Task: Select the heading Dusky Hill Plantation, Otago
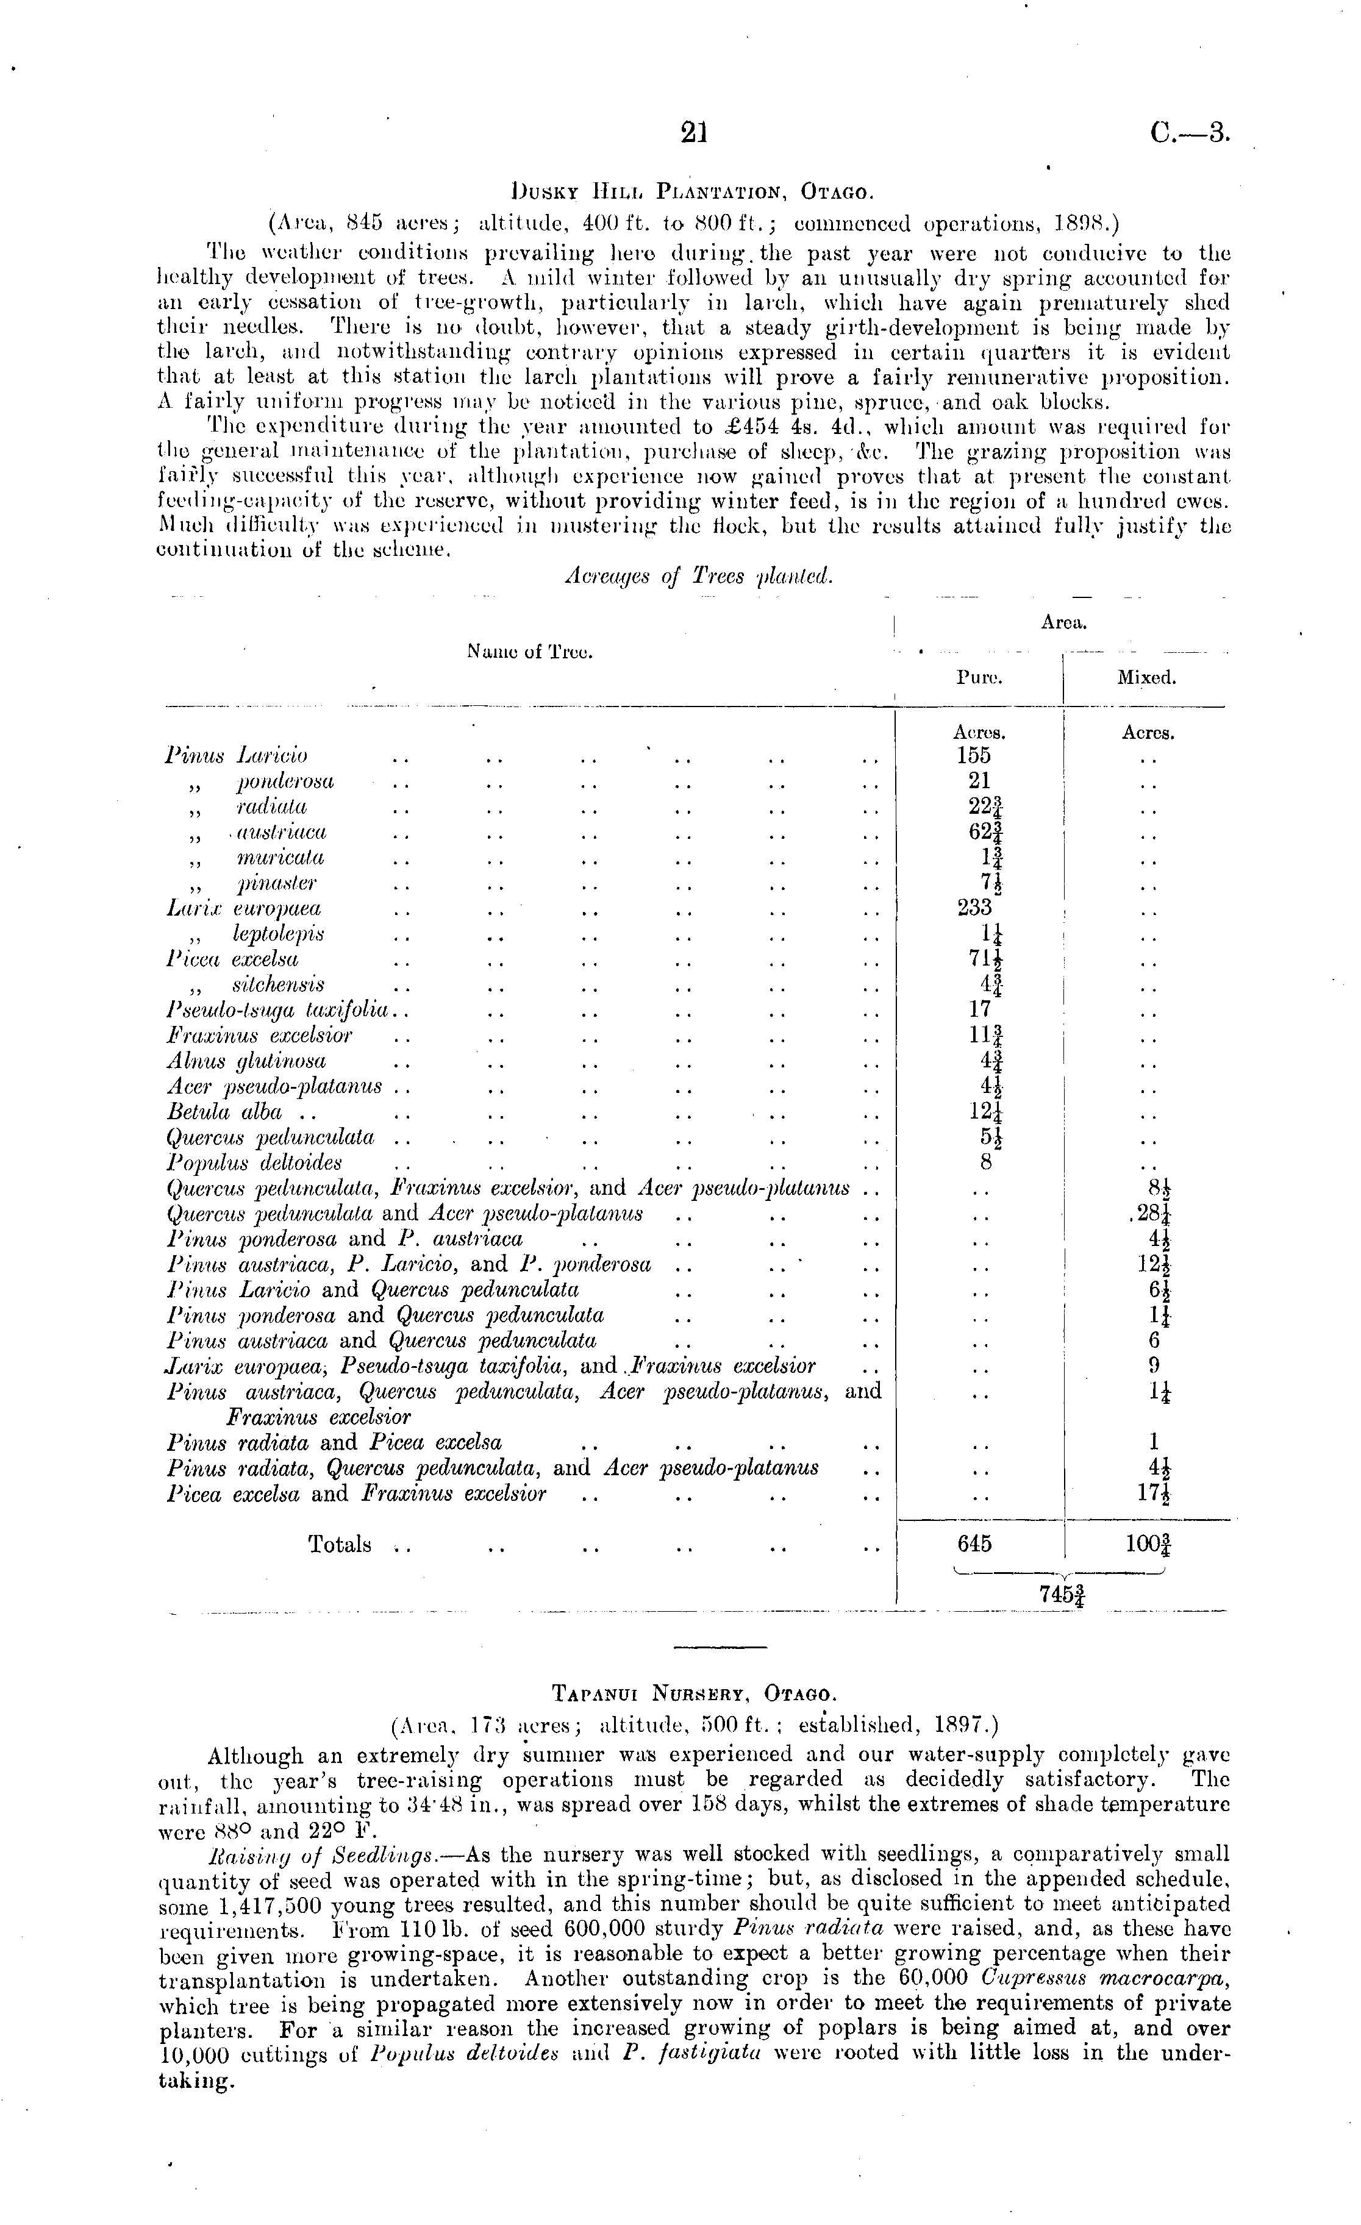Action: click(691, 193)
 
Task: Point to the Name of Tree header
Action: click(529, 651)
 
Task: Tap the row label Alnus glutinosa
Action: click(246, 1061)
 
